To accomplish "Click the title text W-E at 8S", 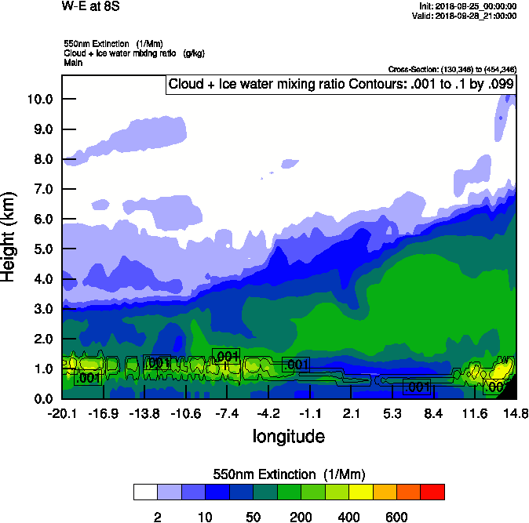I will pyautogui.click(x=90, y=7).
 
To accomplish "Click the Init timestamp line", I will pyautogui.click(x=465, y=6).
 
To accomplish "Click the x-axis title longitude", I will pyautogui.click(x=288, y=435).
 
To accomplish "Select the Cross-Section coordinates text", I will pyautogui.click(x=452, y=70).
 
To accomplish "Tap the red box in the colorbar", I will pyautogui.click(x=432, y=492).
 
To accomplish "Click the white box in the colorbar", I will pyautogui.click(x=145, y=492).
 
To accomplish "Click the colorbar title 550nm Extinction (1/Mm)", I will pyautogui.click(x=289, y=474).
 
